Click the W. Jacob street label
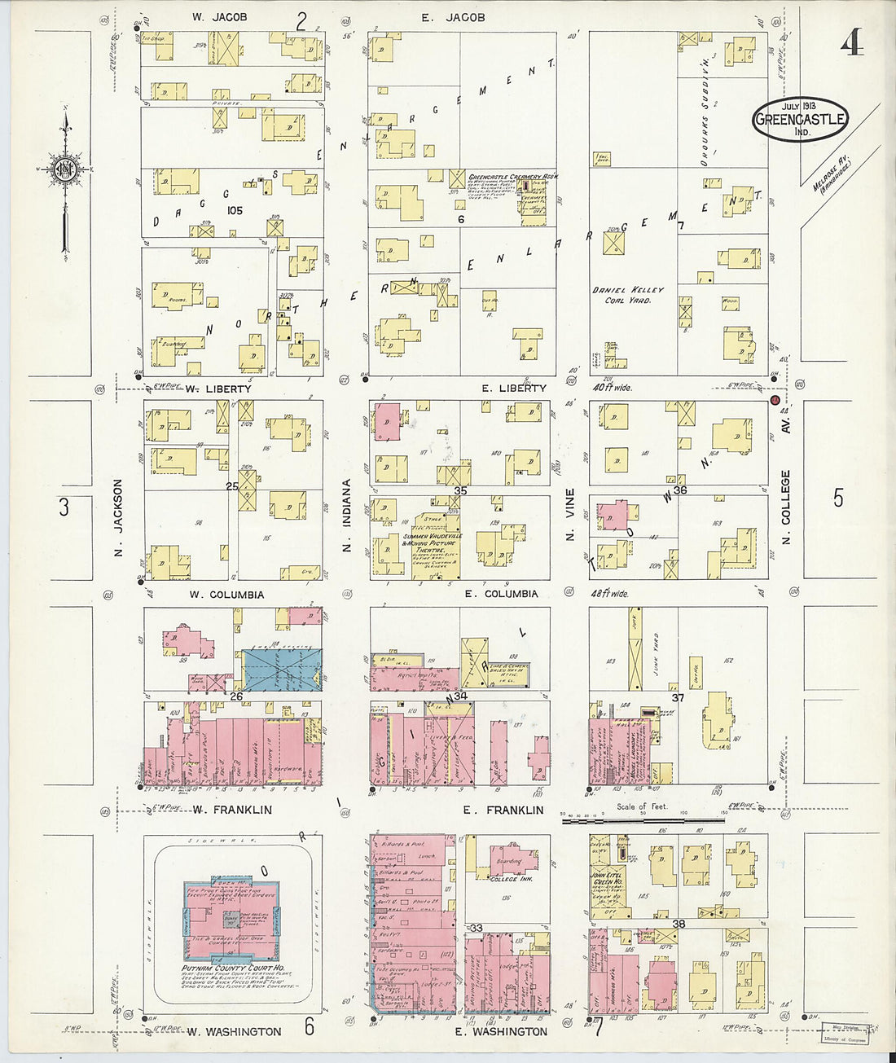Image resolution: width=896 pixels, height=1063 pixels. point(219,17)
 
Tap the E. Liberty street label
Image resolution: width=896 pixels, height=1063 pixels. point(513,389)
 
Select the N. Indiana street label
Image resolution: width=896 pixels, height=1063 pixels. point(346,516)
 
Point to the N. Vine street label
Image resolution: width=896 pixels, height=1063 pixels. point(570,514)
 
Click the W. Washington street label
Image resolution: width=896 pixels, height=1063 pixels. point(234,1031)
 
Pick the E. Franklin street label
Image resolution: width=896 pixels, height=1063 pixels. point(503,810)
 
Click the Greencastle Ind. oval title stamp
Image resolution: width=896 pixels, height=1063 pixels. point(800,119)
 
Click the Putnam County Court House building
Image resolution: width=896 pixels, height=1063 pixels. point(233,920)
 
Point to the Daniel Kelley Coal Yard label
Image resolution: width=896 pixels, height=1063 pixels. point(628,295)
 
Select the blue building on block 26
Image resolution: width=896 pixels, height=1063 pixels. point(282,670)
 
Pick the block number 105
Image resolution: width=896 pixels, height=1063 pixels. point(235,210)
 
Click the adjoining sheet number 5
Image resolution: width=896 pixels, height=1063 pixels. point(838,498)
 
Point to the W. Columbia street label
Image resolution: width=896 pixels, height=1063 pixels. point(226,595)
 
